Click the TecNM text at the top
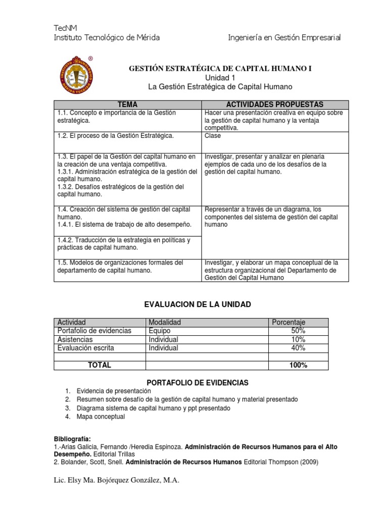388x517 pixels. coord(66,27)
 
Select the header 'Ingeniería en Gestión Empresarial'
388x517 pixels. coord(284,37)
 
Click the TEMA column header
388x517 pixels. coord(127,104)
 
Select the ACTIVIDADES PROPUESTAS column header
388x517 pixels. coord(275,104)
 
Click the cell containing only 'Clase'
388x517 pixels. coord(213,136)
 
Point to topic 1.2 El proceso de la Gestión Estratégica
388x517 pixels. coord(115,136)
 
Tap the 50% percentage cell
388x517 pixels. coord(298,331)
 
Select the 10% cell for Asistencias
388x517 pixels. coord(298,339)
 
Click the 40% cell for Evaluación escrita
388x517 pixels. coord(298,348)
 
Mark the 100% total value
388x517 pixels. coord(298,365)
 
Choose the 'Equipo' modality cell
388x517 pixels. coord(160,331)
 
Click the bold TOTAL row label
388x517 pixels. coord(100,365)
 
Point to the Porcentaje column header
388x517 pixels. coord(288,322)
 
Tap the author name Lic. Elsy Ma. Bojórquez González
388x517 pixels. coord(116,480)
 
